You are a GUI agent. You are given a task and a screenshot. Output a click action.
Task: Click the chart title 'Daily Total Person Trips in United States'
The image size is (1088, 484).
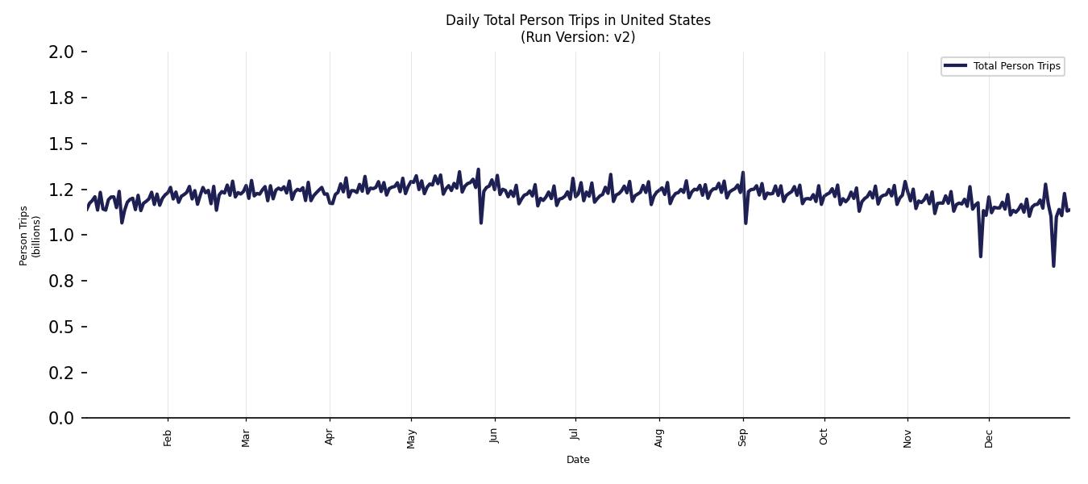[x=578, y=20]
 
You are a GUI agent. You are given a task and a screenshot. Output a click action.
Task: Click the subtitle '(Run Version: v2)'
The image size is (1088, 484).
[x=578, y=37]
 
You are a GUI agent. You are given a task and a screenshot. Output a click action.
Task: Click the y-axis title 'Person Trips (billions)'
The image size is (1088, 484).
[x=30, y=235]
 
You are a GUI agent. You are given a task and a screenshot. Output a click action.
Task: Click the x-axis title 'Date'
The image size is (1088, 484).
[x=578, y=460]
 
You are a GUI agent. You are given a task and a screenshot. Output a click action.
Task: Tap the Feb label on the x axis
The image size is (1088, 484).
[x=168, y=438]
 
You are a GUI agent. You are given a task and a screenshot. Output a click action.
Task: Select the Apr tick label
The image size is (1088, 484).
[x=330, y=438]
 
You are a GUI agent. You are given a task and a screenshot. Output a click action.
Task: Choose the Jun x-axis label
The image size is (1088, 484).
[x=494, y=436]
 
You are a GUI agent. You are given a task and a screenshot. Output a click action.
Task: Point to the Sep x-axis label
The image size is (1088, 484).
[x=742, y=437]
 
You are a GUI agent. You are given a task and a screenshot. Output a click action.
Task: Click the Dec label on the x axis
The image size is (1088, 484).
[x=989, y=438]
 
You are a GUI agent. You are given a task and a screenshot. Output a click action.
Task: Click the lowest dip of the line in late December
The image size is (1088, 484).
[x=1053, y=265]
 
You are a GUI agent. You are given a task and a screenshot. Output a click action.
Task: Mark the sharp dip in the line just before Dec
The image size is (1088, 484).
[x=981, y=256]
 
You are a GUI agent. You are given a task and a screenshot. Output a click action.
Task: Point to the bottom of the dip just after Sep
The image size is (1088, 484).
[x=745, y=223]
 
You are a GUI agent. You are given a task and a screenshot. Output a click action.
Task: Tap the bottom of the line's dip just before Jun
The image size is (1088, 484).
[x=481, y=222]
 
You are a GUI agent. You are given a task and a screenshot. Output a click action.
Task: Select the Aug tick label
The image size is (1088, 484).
[x=659, y=437]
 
